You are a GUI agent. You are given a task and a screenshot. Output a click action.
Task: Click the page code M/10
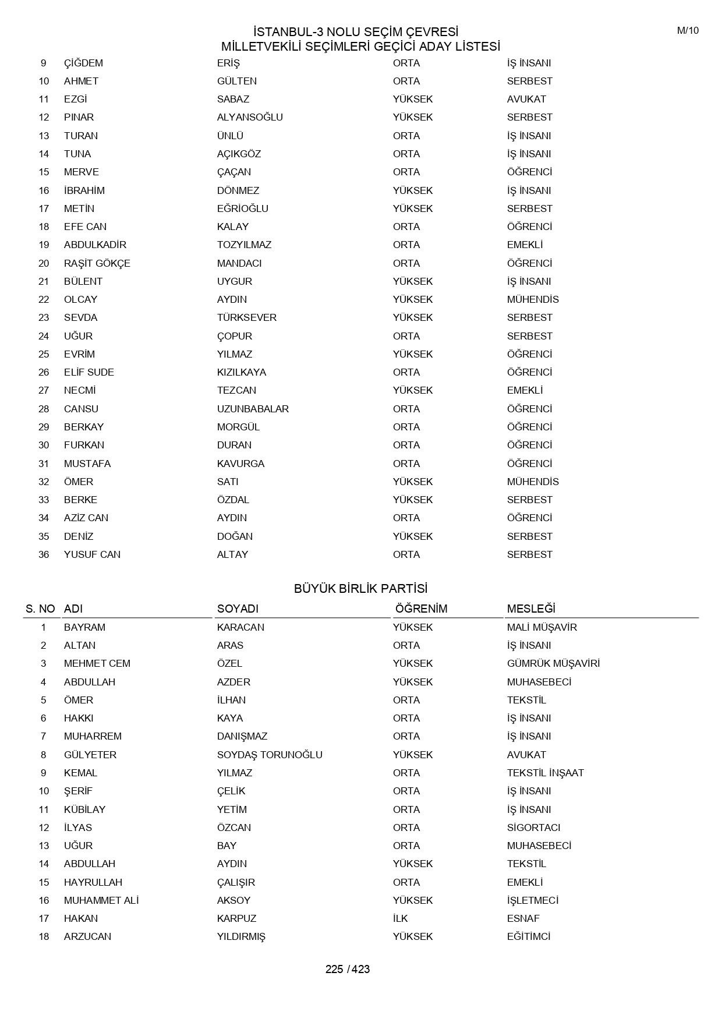(x=687, y=31)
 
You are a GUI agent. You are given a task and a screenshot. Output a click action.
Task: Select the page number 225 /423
(x=348, y=969)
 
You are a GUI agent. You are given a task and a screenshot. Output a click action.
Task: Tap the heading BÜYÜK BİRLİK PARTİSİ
(x=360, y=589)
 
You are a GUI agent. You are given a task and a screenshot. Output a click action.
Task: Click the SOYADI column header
(x=238, y=609)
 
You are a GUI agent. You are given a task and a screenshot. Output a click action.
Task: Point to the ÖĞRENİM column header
(x=421, y=609)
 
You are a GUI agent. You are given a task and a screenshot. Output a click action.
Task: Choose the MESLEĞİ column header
(x=531, y=609)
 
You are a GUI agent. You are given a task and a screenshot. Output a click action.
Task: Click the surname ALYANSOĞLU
(x=250, y=117)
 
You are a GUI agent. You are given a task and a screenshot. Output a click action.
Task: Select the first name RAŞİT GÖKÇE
(x=97, y=263)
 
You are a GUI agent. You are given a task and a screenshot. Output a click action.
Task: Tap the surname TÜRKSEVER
(x=247, y=317)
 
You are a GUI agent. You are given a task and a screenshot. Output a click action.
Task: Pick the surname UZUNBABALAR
(x=253, y=409)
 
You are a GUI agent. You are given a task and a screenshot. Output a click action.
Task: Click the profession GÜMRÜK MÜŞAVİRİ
(x=553, y=663)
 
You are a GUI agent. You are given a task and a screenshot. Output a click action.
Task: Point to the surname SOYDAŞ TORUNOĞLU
(x=270, y=755)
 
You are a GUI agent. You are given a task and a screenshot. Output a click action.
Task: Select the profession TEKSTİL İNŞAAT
(x=545, y=773)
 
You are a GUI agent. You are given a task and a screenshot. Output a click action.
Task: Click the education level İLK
(x=400, y=918)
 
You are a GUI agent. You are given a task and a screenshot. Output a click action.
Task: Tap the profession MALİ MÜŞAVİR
(x=541, y=627)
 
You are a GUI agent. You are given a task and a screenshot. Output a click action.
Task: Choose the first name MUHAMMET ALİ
(x=101, y=900)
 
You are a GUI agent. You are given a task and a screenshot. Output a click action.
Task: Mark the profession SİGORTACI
(x=533, y=827)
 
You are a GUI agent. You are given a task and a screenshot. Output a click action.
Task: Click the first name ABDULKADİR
(x=95, y=245)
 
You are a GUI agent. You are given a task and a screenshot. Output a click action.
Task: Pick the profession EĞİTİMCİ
(x=528, y=936)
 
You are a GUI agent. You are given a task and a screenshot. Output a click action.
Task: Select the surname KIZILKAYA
(x=242, y=372)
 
